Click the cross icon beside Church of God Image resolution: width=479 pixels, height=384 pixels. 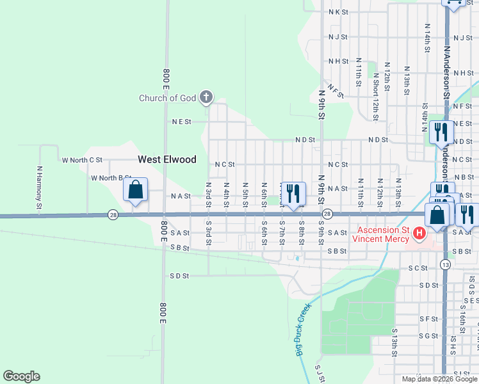point(206,97)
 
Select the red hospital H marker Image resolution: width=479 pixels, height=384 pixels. point(419,234)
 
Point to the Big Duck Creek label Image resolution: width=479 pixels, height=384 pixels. point(302,329)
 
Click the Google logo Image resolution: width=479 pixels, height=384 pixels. point(21,376)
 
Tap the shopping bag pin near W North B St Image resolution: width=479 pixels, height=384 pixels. point(135,190)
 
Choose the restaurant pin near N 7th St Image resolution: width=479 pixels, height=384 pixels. point(293,193)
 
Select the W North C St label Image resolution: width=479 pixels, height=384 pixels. point(82,159)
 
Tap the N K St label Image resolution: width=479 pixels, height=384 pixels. point(338,12)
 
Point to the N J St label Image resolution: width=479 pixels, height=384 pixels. point(338,37)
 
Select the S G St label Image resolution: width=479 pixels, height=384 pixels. point(428,335)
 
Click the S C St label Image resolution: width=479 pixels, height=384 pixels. point(418,268)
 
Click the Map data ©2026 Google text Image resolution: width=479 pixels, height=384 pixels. point(439,379)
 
